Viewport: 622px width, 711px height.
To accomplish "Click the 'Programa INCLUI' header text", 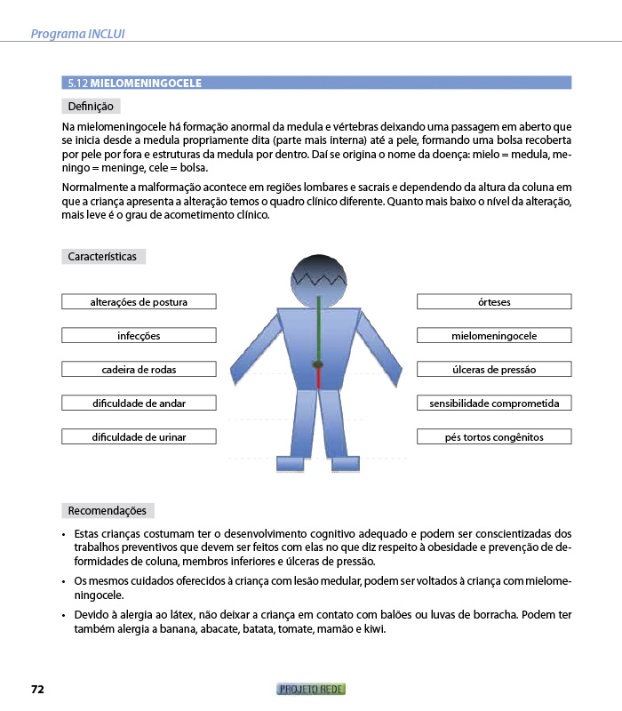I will [x=77, y=35].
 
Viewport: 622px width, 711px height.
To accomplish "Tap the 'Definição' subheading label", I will [x=91, y=107].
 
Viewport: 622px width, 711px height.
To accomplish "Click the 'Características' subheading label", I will [x=103, y=257].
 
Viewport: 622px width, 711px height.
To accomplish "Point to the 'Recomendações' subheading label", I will [x=108, y=511].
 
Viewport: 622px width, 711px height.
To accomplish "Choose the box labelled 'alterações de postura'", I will [x=139, y=302].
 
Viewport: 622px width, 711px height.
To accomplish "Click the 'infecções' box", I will [x=139, y=336].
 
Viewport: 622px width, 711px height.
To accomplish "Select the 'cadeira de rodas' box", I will [x=139, y=370].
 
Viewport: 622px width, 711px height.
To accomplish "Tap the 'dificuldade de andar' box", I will [x=139, y=403].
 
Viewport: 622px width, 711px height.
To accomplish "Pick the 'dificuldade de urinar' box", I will [x=139, y=437].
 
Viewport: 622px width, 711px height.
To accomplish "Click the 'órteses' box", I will [x=494, y=302].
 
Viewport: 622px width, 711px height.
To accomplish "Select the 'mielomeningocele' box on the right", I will [x=494, y=336].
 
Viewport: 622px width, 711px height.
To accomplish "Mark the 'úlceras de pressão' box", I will [x=494, y=370].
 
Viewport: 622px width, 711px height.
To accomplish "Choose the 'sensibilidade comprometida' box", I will [x=494, y=403].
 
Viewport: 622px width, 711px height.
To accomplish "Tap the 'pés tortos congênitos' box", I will [x=494, y=437].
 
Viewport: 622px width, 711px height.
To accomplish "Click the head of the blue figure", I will [x=317, y=276].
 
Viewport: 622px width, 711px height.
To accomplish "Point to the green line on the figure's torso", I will [x=317, y=329].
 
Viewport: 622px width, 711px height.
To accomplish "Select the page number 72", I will [x=37, y=690].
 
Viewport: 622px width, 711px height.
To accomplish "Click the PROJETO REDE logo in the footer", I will [x=311, y=690].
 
